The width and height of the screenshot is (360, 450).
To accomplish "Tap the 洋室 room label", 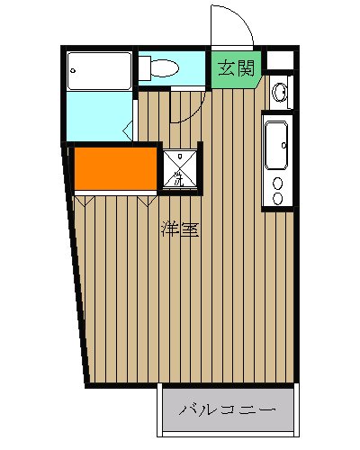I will pos(180,229).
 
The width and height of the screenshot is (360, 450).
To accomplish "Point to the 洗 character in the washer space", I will pos(178,180).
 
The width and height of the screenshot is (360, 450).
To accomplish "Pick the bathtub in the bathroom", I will pos(100,69).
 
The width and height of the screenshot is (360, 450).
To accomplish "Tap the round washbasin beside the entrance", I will pos(280,91).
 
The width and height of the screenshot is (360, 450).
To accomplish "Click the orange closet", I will pos(115,168).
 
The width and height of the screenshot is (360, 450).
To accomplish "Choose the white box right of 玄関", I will pos(281,62).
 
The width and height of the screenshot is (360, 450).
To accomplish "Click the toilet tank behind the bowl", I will pos(144,67).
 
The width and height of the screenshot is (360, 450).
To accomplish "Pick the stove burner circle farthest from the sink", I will pos(277,197).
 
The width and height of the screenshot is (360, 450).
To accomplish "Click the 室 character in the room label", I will pos(189,229).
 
